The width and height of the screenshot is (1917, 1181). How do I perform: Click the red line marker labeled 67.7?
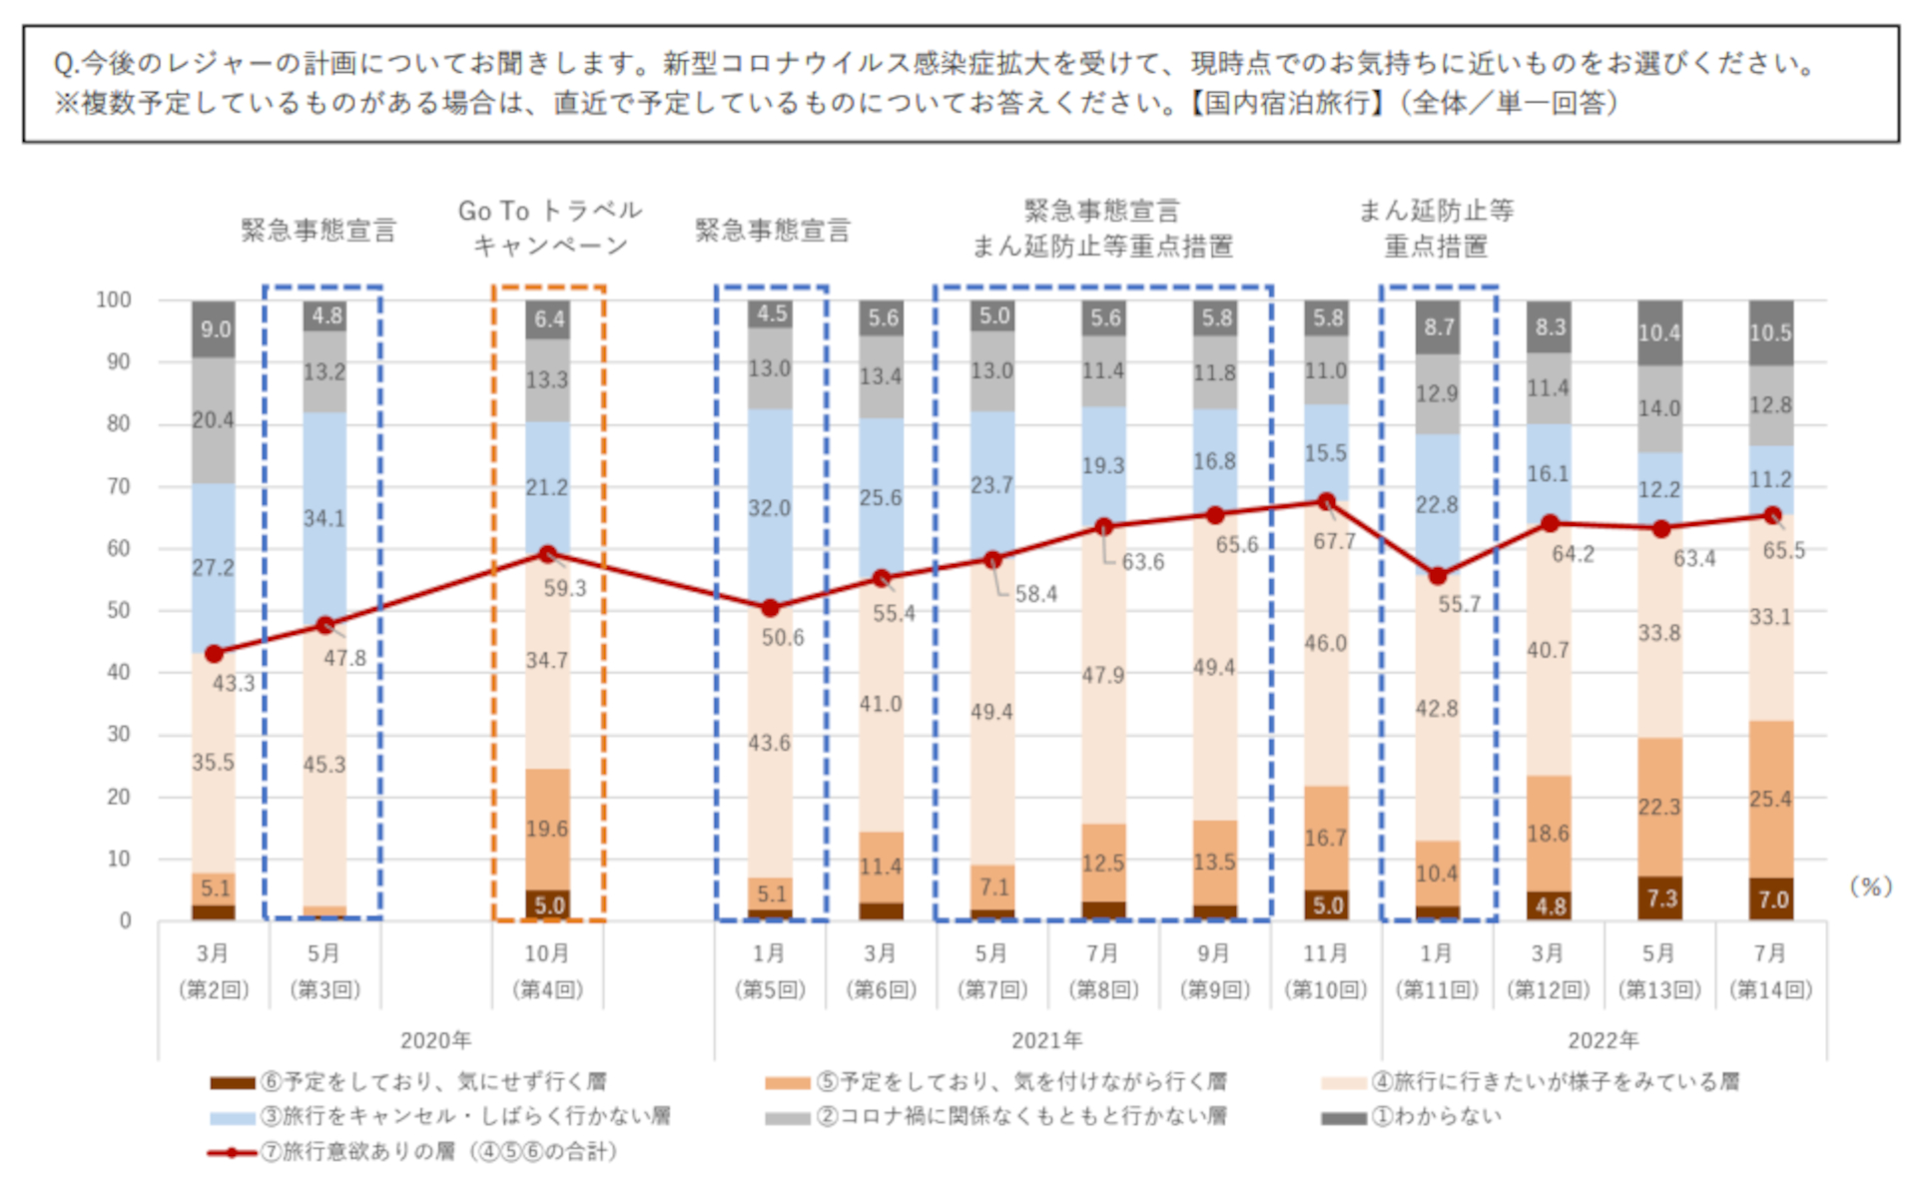click(1326, 501)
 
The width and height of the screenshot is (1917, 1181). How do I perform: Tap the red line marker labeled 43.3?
click(214, 654)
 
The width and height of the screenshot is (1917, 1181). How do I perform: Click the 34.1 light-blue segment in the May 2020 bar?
click(325, 518)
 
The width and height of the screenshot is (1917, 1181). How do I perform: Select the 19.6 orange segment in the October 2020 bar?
click(548, 829)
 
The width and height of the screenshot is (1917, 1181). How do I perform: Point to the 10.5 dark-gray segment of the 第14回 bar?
click(1770, 332)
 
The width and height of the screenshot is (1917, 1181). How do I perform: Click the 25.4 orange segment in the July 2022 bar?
click(1770, 799)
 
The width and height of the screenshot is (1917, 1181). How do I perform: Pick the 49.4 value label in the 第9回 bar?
click(1214, 667)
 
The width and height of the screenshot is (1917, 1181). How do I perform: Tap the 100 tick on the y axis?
click(114, 299)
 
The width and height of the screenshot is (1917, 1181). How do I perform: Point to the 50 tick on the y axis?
click(119, 610)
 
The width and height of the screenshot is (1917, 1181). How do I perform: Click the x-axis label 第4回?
click(547, 989)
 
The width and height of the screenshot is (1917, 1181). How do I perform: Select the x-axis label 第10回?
click(1326, 989)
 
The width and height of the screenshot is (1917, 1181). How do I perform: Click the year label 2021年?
click(1046, 1040)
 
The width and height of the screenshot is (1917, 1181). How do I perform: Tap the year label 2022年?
click(1602, 1040)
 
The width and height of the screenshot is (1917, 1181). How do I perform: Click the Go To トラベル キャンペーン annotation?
click(549, 228)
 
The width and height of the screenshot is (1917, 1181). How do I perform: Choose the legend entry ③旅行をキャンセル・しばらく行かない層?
click(464, 1116)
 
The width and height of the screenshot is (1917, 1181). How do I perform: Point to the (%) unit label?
click(1870, 886)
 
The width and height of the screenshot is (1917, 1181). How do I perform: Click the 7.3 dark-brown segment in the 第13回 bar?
click(1659, 897)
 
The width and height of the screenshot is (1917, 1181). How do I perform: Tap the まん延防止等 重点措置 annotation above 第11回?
click(1436, 228)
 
